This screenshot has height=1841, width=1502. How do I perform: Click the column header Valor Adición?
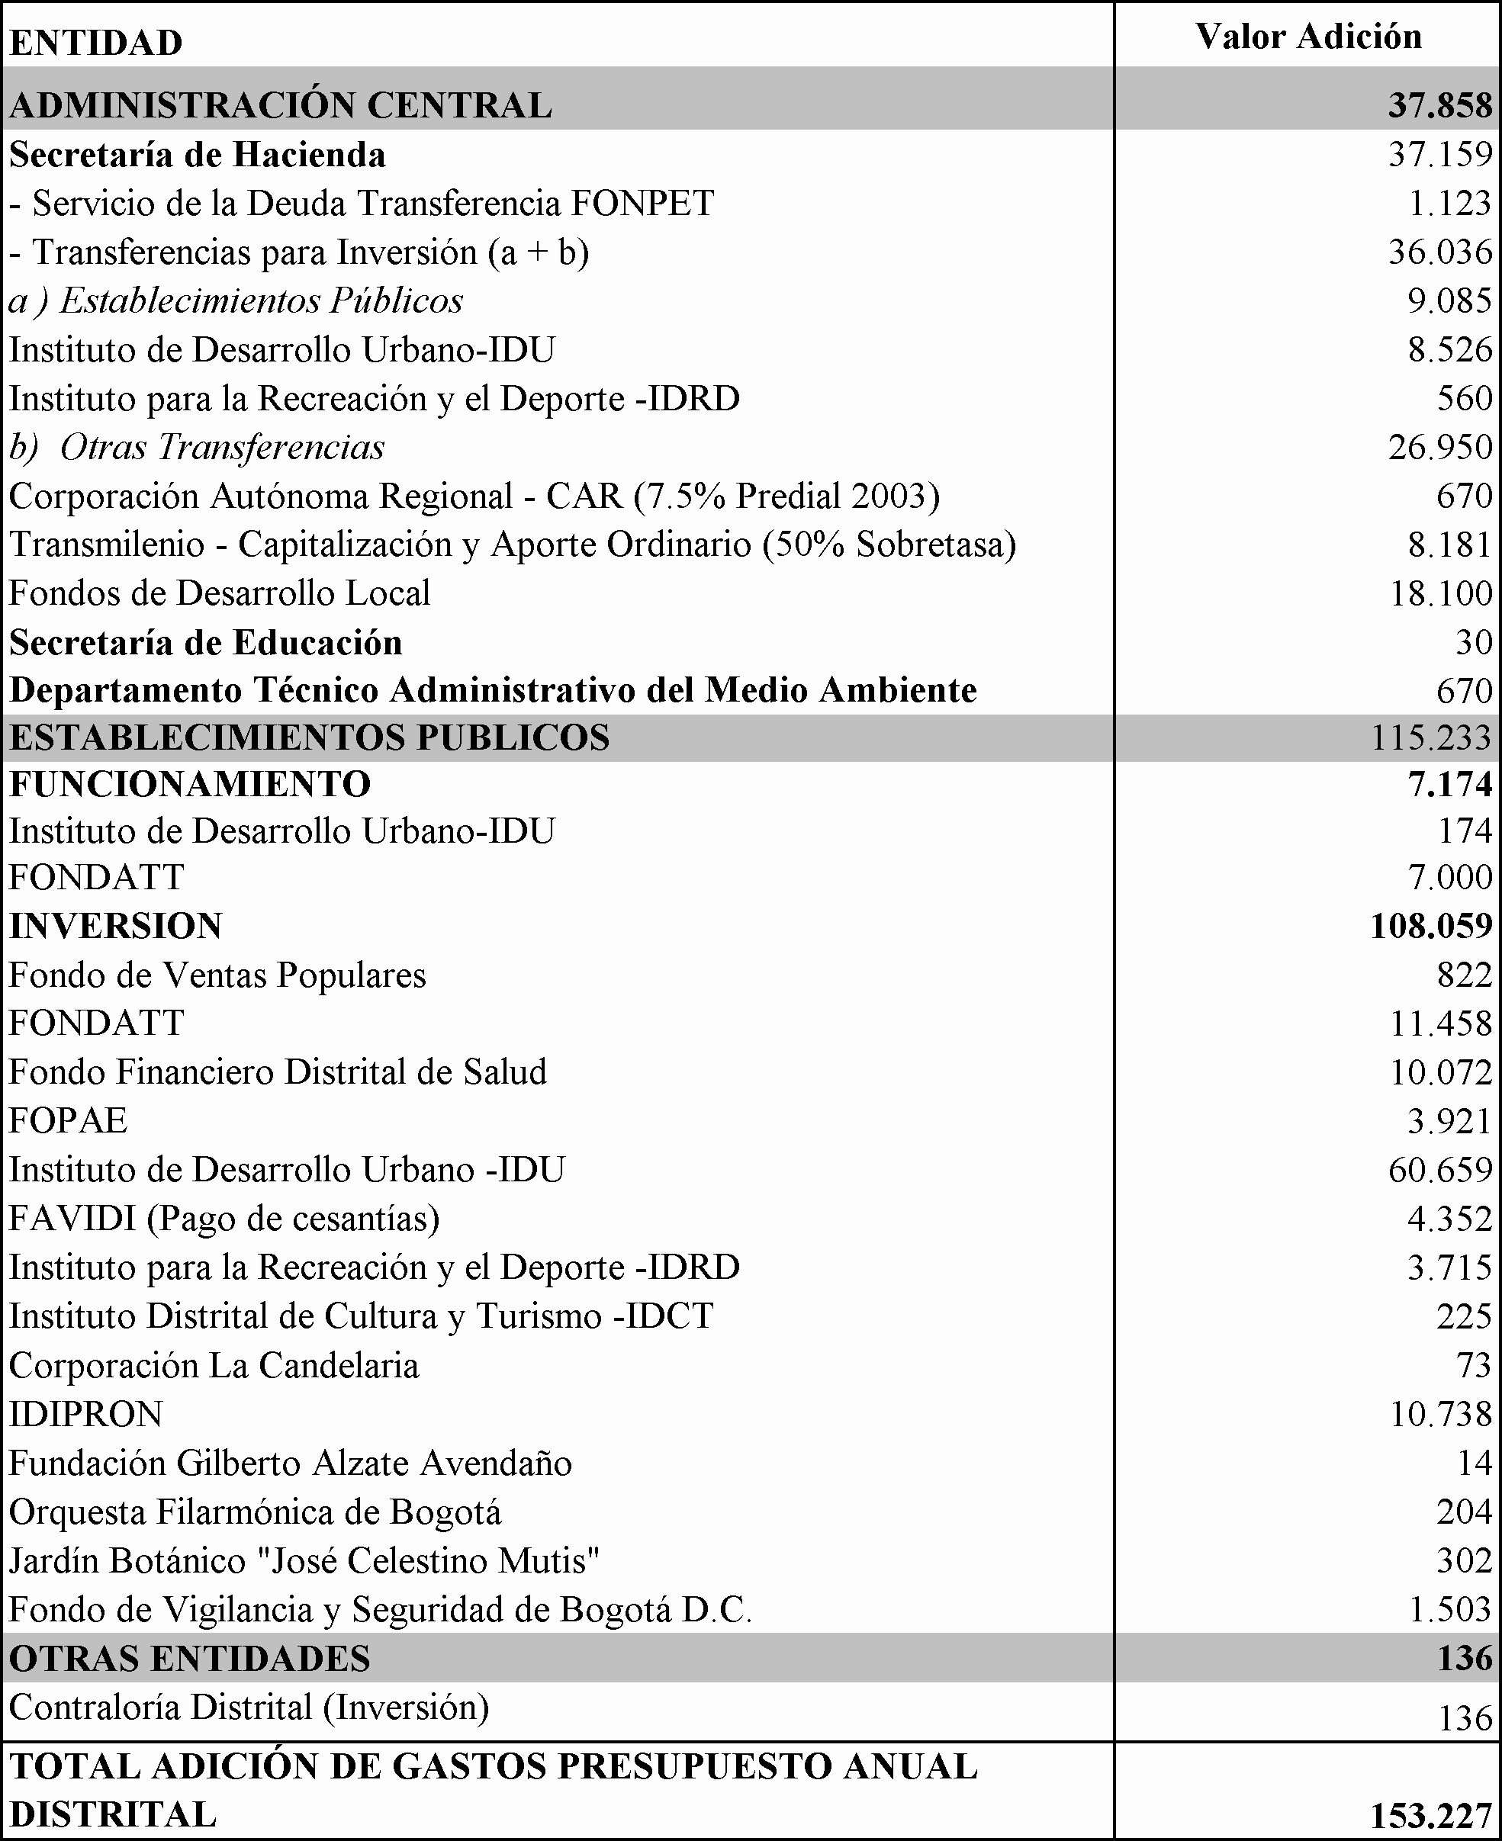pos(1308,37)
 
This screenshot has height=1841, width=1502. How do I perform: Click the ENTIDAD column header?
pos(96,43)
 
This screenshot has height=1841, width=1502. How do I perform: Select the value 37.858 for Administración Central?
pos(1440,104)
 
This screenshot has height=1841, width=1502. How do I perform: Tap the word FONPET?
pos(642,204)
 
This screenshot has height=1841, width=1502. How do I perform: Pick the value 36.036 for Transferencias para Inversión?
pos(1440,252)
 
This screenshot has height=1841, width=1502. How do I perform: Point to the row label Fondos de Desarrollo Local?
pos(220,593)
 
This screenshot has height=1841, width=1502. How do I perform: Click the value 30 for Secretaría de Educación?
pos(1474,642)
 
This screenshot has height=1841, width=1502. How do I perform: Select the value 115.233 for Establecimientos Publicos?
pos(1432,737)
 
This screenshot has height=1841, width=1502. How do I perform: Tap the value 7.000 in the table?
pos(1450,877)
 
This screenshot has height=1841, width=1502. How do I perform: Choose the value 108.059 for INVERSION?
pos(1432,926)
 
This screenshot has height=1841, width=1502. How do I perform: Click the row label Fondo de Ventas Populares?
pos(218,975)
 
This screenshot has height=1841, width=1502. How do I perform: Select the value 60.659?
pos(1440,1170)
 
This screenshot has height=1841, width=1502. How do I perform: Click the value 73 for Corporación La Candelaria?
pos(1475,1365)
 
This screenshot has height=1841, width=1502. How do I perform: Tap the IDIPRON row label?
pos(85,1415)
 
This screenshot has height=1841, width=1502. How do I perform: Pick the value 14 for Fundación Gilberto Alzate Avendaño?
pos(1475,1463)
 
